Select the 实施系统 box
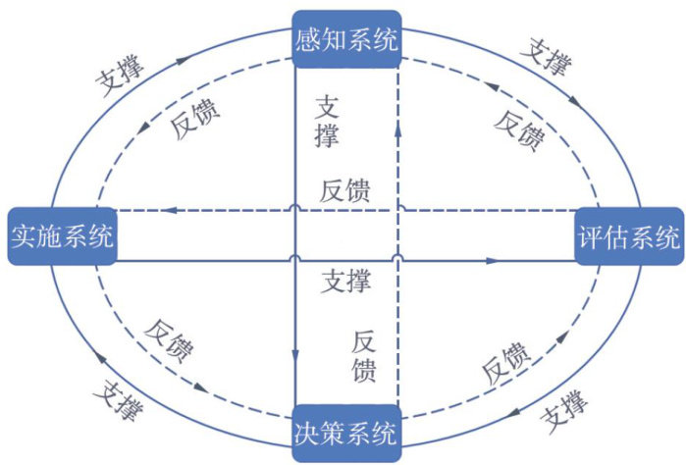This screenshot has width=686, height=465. [62, 235]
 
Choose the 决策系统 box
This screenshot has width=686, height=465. [346, 432]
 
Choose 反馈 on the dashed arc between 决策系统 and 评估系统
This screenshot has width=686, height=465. [506, 362]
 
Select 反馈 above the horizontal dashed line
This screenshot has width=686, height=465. [345, 191]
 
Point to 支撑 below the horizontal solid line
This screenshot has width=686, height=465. [346, 283]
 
